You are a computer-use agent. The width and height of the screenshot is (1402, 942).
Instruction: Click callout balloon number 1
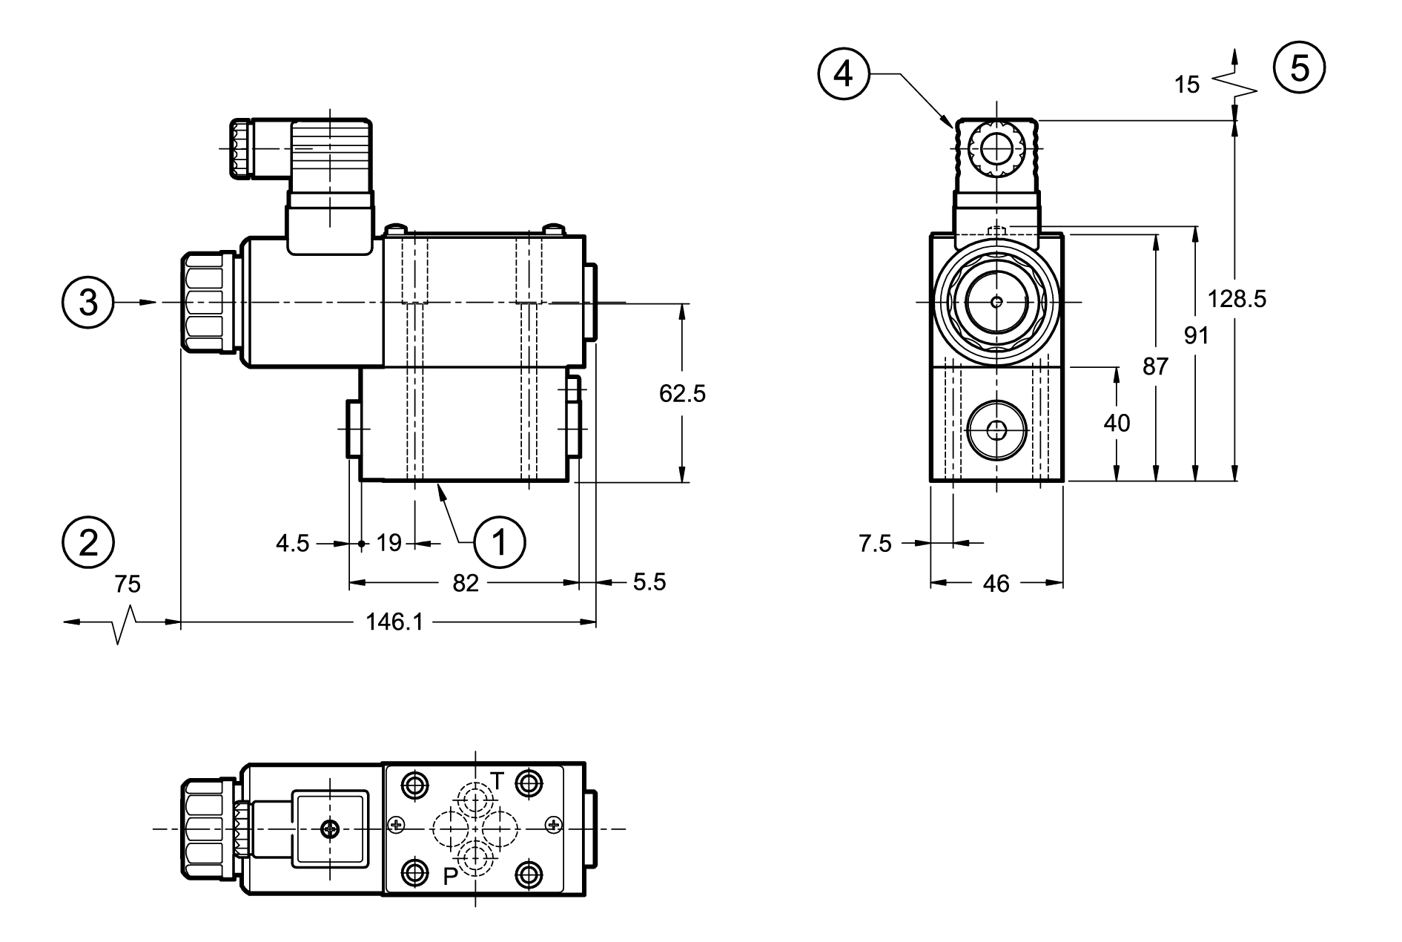[499, 543]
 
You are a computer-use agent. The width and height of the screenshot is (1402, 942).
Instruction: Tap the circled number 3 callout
[88, 303]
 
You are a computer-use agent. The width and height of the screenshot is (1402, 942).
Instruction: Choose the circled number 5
[1300, 68]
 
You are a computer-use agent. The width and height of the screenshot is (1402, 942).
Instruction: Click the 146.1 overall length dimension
[394, 622]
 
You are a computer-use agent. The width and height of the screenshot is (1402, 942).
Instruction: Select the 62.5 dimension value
[682, 394]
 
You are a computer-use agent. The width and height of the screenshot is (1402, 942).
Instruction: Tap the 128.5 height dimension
[1237, 299]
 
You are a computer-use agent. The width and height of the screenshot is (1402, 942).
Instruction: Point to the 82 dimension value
[466, 583]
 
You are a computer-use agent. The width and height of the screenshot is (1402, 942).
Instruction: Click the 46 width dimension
[996, 584]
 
